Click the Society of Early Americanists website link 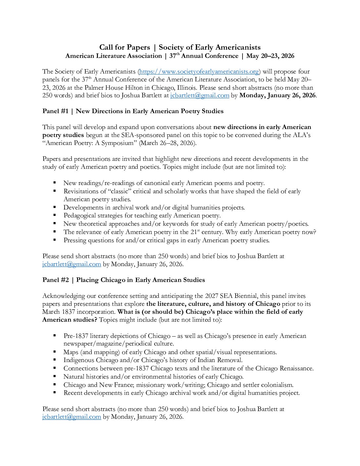pyautogui.click(x=199, y=71)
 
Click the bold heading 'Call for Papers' pyautogui.click(x=124, y=47)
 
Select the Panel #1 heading pyautogui.click(x=133, y=111)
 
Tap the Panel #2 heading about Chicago pyautogui.click(x=123, y=280)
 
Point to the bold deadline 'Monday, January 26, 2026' pyautogui.click(x=277, y=95)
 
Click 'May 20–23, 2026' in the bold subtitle pyautogui.click(x=270, y=56)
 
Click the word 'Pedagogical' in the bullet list pyautogui.click(x=80, y=216)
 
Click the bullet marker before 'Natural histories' pyautogui.click(x=55, y=376)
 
